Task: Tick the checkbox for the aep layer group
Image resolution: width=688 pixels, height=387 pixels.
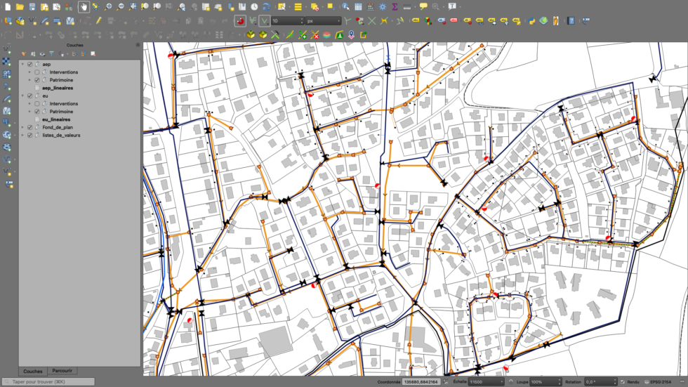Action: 29,64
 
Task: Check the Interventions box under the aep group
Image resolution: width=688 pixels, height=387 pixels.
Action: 37,72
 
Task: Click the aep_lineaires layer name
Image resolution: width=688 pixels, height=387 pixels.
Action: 57,88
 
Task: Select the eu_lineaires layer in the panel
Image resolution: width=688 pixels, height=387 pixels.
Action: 56,119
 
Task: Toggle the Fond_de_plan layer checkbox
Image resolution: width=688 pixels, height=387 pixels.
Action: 29,127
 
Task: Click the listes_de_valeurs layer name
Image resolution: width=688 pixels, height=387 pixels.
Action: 61,135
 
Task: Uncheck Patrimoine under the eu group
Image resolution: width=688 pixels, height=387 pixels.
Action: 37,112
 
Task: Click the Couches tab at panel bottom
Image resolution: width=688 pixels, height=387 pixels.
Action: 32,371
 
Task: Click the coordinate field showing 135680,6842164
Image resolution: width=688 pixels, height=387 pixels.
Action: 421,382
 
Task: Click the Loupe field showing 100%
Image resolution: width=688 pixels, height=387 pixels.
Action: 545,382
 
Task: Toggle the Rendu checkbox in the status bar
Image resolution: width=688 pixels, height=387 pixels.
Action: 623,382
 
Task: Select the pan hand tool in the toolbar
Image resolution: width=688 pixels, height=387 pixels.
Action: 84,6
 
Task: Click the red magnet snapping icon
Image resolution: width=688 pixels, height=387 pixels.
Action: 240,21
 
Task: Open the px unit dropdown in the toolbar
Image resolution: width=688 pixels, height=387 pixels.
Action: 324,21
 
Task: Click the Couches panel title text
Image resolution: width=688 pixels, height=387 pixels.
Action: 74,45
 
